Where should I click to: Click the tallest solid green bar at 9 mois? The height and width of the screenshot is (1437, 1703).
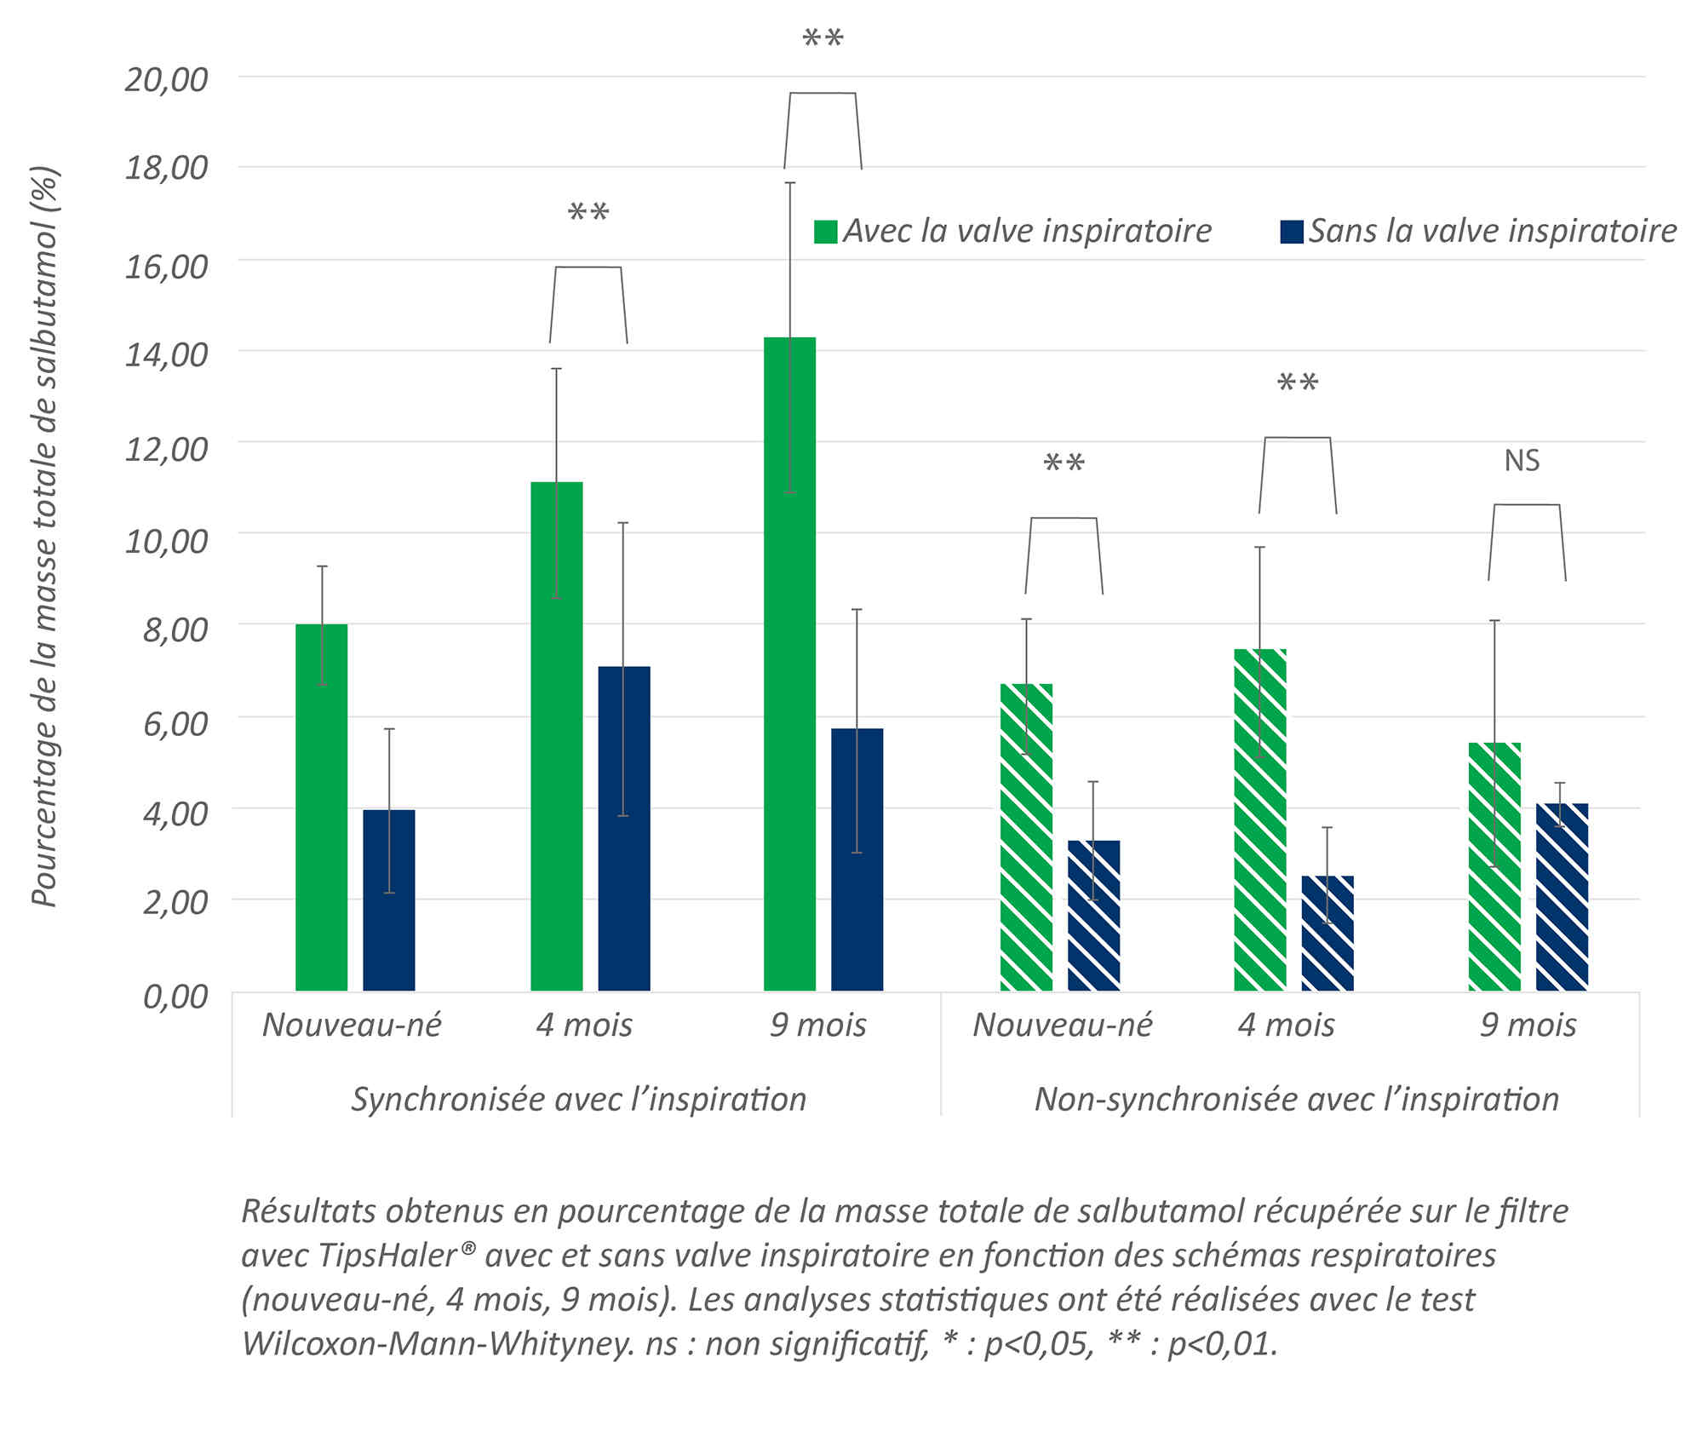pos(789,664)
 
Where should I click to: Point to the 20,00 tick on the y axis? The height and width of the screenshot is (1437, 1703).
pos(167,79)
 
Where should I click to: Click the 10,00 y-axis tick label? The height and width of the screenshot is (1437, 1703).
pos(167,540)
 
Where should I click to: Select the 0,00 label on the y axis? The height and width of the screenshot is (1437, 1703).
pos(175,996)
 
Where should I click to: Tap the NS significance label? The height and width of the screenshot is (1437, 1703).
pos(1522,461)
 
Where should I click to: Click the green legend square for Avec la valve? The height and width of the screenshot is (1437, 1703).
pos(825,232)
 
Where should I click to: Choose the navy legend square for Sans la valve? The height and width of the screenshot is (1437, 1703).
pos(1291,232)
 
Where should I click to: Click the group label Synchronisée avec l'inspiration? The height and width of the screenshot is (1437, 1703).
pos(579,1100)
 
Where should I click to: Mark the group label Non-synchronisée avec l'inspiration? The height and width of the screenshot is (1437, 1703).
pos(1296,1100)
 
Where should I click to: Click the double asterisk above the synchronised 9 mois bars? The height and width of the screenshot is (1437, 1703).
pos(823,39)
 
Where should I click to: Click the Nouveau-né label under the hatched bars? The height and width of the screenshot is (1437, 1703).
pos(1062,1025)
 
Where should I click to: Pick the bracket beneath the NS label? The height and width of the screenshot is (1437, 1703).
pos(1527,505)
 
